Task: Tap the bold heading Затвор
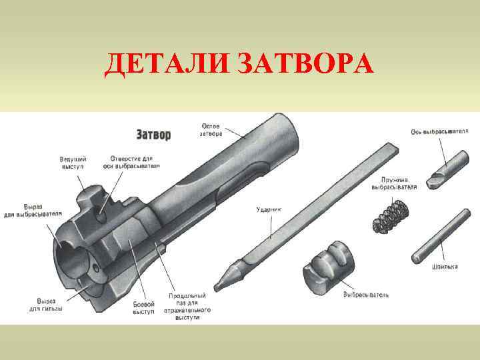click(x=153, y=135)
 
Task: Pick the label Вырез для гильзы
click(x=46, y=305)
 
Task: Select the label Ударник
click(x=269, y=209)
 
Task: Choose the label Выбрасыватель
click(x=366, y=294)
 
